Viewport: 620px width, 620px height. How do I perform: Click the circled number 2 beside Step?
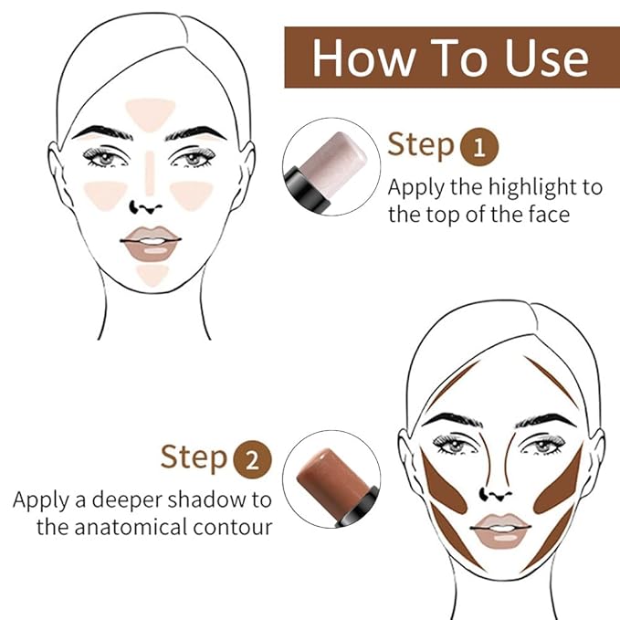tap(253, 458)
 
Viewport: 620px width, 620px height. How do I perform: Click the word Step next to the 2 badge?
tap(194, 457)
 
